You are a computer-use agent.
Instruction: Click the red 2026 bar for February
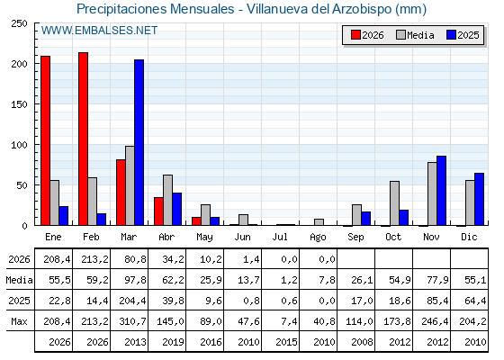pos(83,139)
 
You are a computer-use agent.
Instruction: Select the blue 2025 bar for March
pos(139,142)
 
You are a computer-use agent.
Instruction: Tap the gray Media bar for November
pos(432,193)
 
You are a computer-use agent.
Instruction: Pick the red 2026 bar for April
pos(158,211)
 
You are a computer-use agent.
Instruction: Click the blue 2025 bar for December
pos(479,199)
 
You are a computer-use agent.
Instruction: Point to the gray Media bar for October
pos(395,203)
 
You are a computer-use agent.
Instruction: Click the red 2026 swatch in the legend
pos(355,35)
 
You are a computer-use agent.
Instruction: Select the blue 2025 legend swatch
pos(451,35)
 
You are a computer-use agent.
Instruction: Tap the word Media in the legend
pos(420,35)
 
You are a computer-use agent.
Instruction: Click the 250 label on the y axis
pos(19,23)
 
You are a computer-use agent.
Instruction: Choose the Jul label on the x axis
pos(280,238)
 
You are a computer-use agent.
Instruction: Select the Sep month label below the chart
pos(355,238)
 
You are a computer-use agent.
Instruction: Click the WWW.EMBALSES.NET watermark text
pos(99,31)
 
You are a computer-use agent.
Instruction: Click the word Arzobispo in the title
pos(362,9)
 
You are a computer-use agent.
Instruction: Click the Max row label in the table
pos(19,321)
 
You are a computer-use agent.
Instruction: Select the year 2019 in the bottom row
pos(173,342)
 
